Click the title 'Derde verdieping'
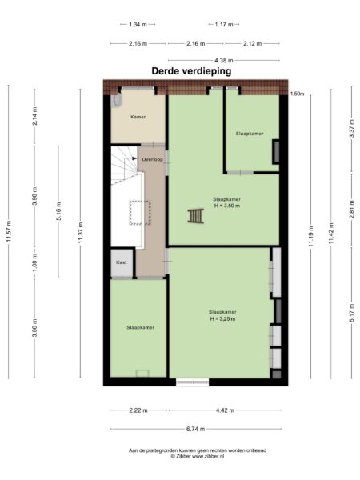click(191, 70)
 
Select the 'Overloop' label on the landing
click(152, 160)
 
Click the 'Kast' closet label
click(122, 262)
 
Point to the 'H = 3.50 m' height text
click(226, 206)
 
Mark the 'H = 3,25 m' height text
click(222, 318)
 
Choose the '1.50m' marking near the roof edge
click(298, 94)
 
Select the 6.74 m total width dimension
click(196, 428)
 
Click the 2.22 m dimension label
click(138, 411)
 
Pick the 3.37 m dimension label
click(351, 129)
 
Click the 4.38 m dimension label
click(224, 60)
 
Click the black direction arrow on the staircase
click(134, 158)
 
